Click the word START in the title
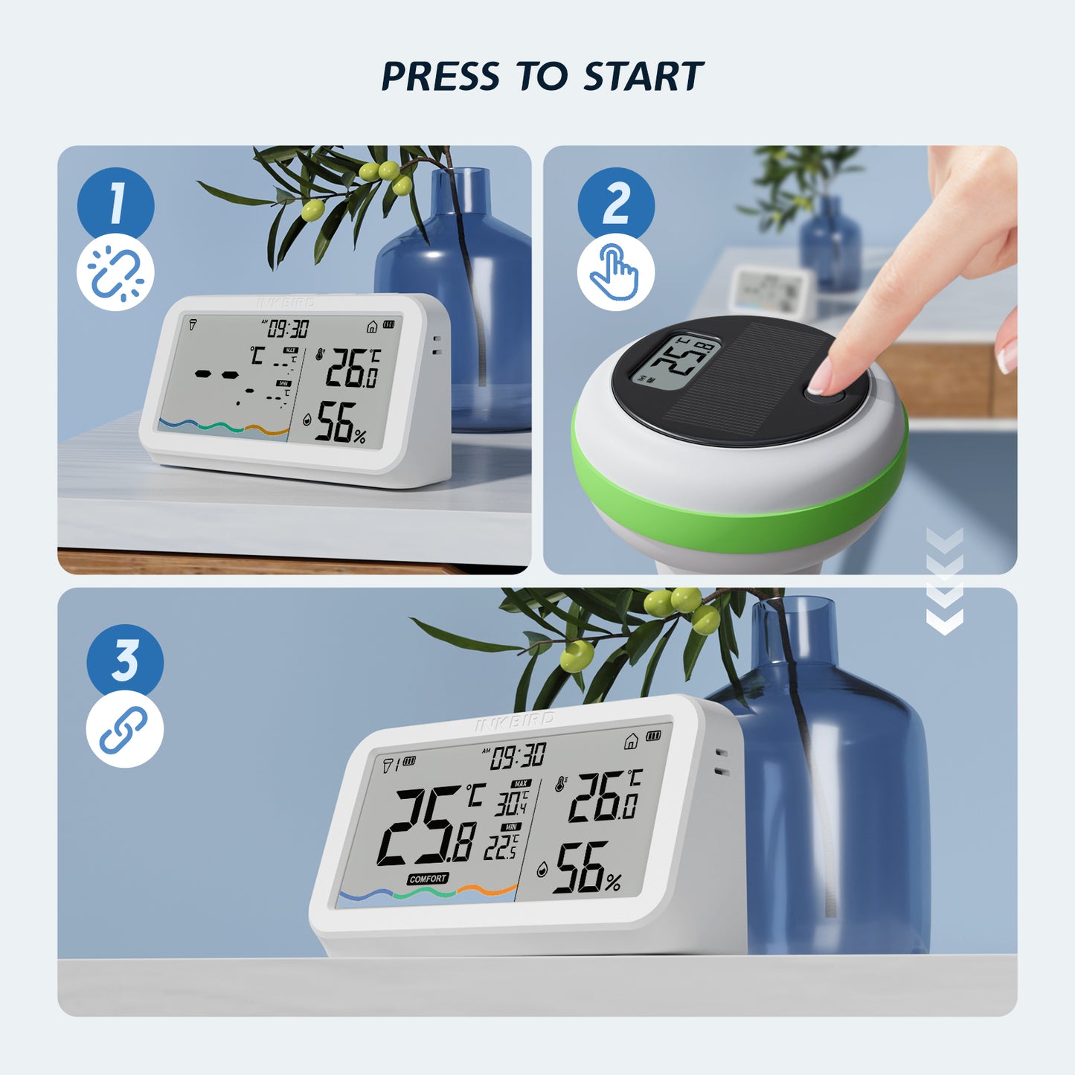click(643, 77)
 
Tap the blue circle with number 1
click(115, 204)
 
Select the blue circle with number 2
click(616, 204)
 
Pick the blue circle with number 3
click(125, 661)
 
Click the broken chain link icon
click(115, 272)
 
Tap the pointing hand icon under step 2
click(615, 272)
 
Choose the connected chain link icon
click(124, 729)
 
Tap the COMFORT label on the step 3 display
click(428, 879)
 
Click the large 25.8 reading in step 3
click(428, 826)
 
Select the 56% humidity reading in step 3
click(588, 868)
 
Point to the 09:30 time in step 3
click(519, 757)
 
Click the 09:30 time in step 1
click(288, 328)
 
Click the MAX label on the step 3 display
click(520, 783)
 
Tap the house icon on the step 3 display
click(631, 740)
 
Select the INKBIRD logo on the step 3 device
click(515, 720)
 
